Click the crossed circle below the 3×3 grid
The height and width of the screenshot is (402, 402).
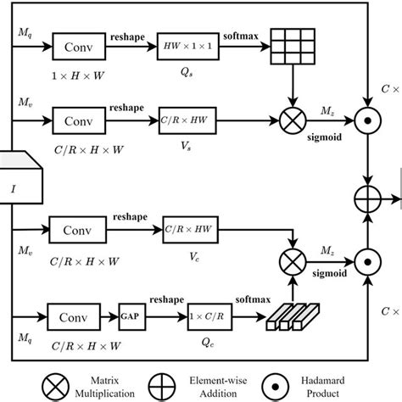coord(292,120)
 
